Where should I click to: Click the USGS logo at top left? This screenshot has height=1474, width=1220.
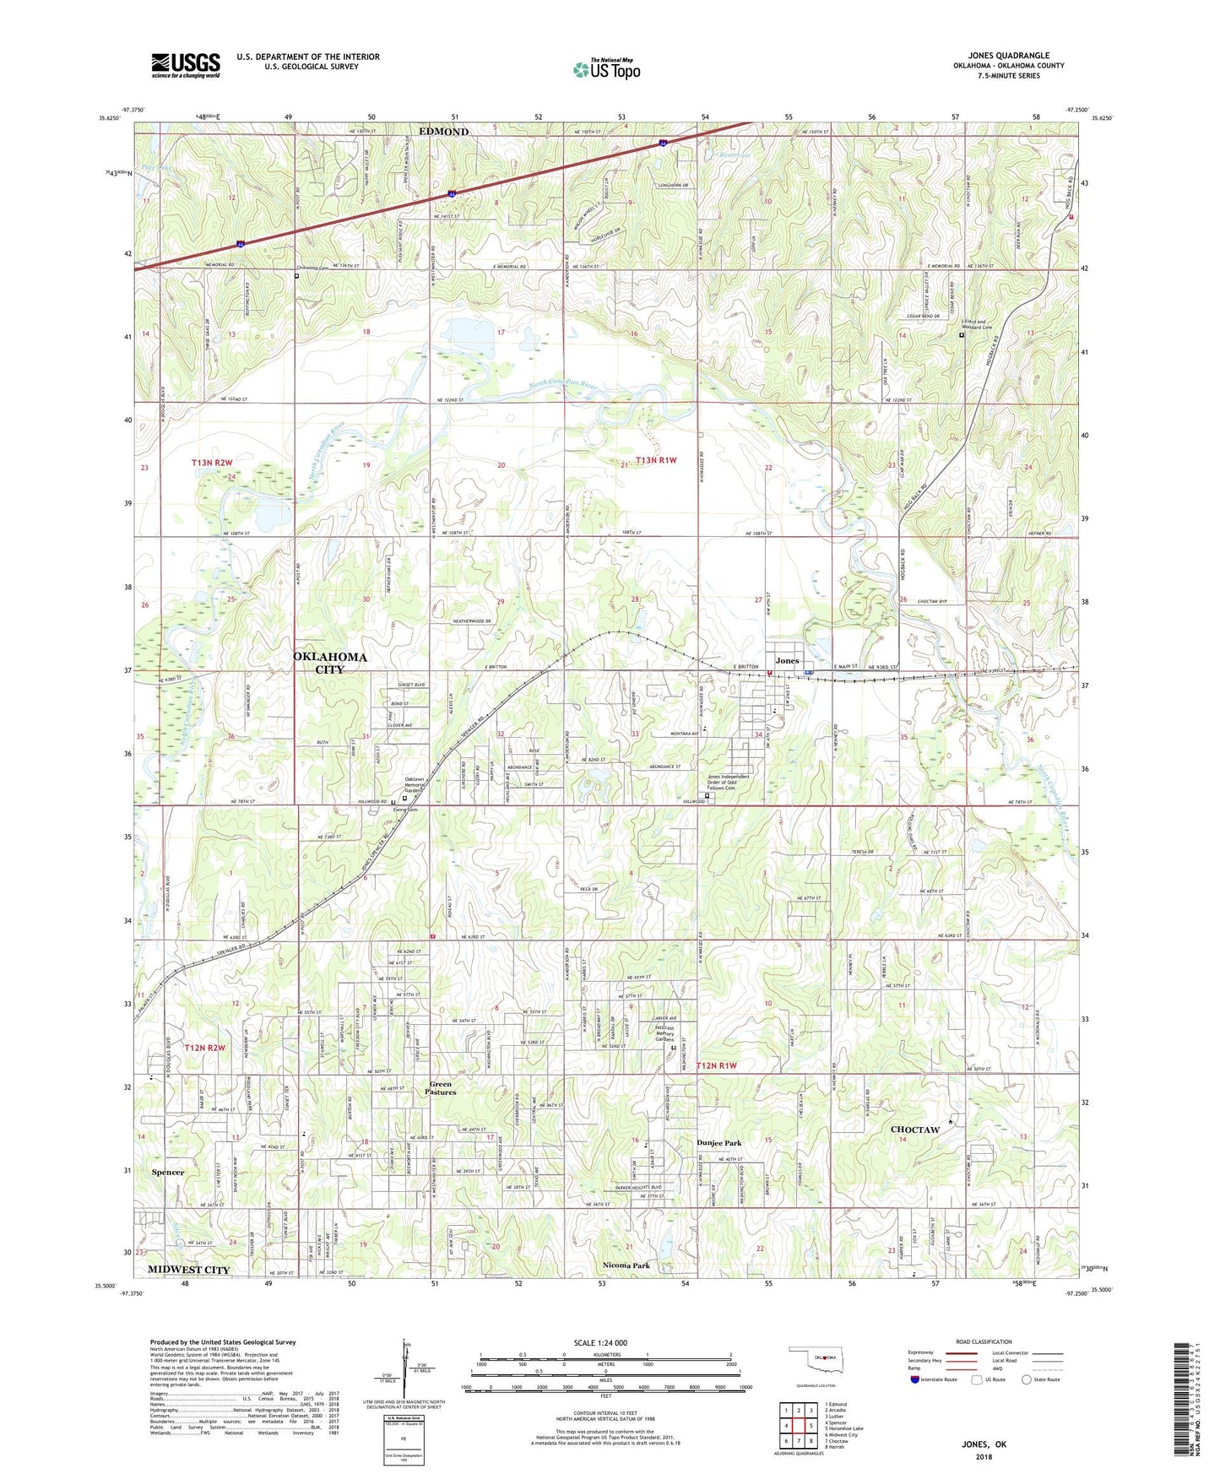pyautogui.click(x=186, y=65)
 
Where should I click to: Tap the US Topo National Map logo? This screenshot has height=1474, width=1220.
pyautogui.click(x=606, y=69)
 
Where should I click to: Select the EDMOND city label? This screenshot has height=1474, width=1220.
pyautogui.click(x=443, y=132)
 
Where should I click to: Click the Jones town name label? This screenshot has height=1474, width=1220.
pyautogui.click(x=787, y=660)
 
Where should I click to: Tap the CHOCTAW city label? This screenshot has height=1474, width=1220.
pyautogui.click(x=915, y=1130)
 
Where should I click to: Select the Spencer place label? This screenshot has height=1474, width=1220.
pyautogui.click(x=168, y=1172)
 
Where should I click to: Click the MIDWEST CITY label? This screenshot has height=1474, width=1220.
pyautogui.click(x=188, y=1270)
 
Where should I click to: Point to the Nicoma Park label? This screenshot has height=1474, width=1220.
pyautogui.click(x=626, y=1265)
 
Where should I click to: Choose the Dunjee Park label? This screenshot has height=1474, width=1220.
pyautogui.click(x=719, y=1143)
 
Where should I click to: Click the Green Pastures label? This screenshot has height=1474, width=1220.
pyautogui.click(x=442, y=1088)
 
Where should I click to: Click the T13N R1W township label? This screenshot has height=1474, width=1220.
pyautogui.click(x=656, y=460)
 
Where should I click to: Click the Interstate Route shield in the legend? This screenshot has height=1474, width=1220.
pyautogui.click(x=915, y=1379)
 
